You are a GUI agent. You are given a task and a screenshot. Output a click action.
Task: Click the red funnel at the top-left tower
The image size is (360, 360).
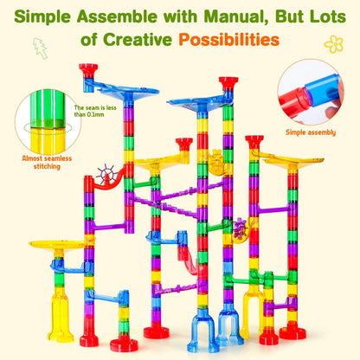point(87,68)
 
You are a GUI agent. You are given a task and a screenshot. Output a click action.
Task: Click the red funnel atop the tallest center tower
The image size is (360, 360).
point(228,83)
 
